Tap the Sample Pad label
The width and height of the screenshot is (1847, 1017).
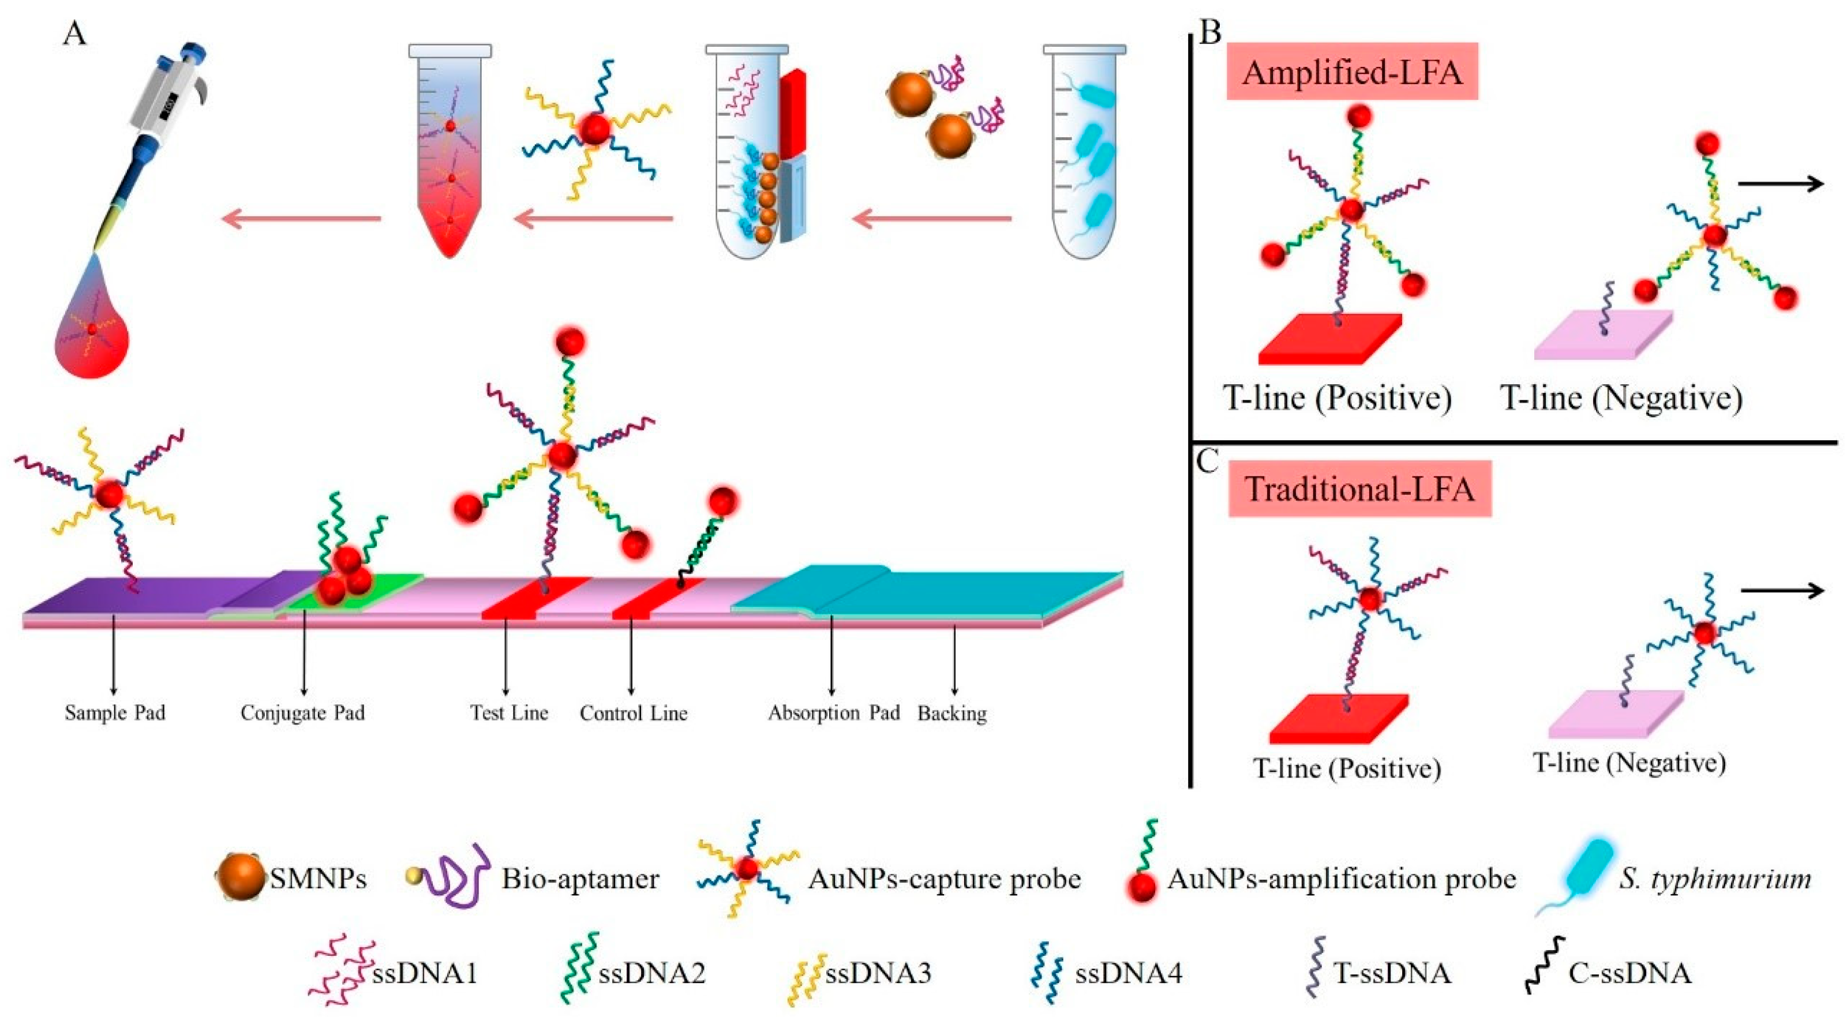coord(115,713)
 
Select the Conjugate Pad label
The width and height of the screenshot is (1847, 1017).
coord(302,713)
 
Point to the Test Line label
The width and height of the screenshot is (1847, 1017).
coord(509,713)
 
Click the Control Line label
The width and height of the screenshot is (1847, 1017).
coord(633,713)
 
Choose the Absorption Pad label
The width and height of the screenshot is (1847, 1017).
coord(833,713)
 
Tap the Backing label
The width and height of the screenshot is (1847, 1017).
coord(952,713)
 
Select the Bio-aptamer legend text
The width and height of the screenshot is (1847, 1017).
coord(580,878)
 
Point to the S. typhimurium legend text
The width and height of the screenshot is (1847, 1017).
coord(1714,878)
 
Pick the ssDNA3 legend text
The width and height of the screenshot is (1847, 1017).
coord(878,973)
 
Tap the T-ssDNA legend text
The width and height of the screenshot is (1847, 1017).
coord(1392,973)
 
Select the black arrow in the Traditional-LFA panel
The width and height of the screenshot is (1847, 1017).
coord(1782,591)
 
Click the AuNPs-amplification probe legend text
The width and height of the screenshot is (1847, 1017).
coord(1342,878)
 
